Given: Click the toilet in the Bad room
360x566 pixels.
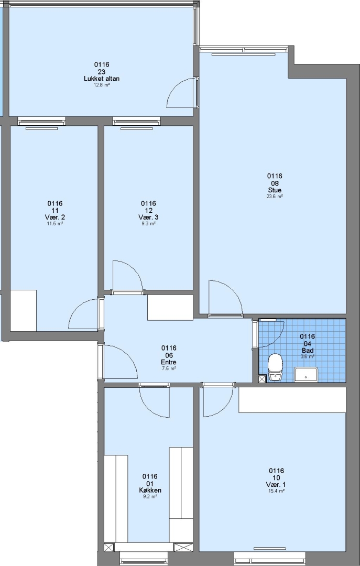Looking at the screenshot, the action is tap(275, 367).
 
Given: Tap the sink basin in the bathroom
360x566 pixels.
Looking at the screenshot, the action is tap(306, 375).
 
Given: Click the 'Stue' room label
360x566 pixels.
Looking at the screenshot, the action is tap(275, 190).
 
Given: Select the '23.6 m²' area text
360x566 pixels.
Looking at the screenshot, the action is tap(275, 197).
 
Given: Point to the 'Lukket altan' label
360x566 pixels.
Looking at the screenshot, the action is tap(102, 79).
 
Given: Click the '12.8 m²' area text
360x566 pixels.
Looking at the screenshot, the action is tap(102, 85).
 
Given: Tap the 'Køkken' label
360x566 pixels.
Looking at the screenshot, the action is tap(150, 490).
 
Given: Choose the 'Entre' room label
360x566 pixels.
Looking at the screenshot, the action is tap(169, 362).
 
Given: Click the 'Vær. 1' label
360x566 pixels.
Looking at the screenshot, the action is tap(276, 484).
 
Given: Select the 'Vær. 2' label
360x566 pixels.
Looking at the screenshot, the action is tap(55, 217).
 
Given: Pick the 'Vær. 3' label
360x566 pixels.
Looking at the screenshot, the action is tap(148, 217).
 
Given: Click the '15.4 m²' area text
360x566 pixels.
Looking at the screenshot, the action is tap(276, 491).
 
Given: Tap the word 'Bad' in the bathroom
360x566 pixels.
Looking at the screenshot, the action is tap(307, 351).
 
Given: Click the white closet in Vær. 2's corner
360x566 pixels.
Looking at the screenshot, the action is tap(24, 310).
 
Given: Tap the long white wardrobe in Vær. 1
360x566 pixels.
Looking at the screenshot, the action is tap(292, 400).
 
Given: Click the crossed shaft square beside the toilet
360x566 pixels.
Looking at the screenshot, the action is tap(262, 379).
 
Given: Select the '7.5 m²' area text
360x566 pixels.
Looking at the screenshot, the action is tap(169, 368).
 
